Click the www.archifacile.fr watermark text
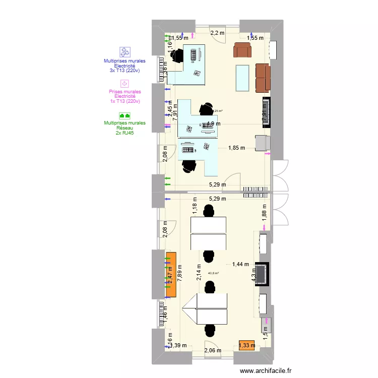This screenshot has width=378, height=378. tap(266, 371)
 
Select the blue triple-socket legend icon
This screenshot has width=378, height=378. tap(124, 51)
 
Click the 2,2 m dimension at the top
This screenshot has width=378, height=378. tap(217, 33)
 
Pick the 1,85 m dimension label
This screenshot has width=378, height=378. tap(236, 148)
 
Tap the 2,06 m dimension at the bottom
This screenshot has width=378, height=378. tap(213, 351)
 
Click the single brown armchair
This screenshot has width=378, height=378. tap(242, 50)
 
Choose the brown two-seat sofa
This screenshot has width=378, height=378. tap(263, 78)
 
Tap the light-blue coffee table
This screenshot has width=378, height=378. tap(243, 78)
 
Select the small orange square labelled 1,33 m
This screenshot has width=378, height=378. tap(247, 345)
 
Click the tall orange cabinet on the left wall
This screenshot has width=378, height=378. tap(171, 274)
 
